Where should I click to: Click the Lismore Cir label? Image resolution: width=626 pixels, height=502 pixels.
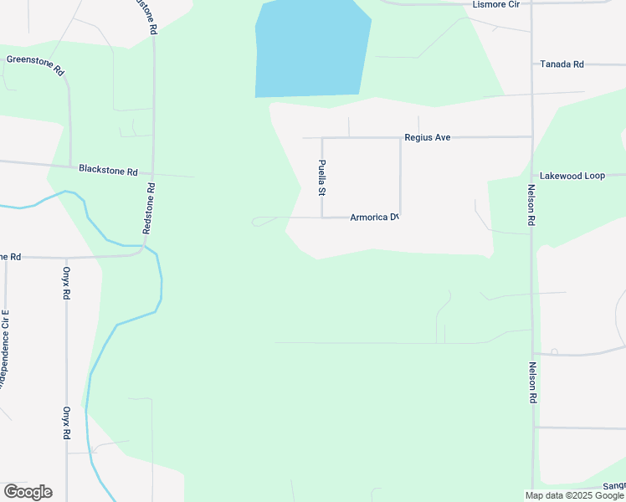tap(497, 5)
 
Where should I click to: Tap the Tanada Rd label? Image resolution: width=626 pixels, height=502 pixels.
tap(561, 64)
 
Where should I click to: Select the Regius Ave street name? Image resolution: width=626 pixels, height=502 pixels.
tap(427, 136)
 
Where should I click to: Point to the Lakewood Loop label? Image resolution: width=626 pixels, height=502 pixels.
tap(572, 177)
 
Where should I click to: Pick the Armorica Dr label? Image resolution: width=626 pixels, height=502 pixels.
tap(372, 218)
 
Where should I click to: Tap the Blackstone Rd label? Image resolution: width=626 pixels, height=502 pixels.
tap(108, 170)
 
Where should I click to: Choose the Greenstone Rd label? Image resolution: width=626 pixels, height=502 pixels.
tap(35, 65)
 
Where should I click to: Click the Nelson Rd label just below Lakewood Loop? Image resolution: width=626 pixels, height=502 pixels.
tap(531, 206)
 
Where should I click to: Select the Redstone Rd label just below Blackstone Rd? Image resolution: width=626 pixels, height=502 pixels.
tap(149, 208)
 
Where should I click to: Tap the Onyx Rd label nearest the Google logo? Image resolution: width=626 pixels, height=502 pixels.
tap(66, 423)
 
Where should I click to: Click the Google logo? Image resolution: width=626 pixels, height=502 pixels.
tap(28, 492)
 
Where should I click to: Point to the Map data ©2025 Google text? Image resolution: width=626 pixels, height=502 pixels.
tap(574, 495)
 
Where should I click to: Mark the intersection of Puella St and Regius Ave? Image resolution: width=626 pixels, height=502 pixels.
tap(322, 138)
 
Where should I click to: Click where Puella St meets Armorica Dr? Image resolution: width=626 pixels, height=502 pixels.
tap(322, 218)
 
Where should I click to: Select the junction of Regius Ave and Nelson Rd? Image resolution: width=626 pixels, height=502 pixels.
tap(531, 136)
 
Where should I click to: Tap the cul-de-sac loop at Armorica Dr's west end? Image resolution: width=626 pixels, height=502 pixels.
tap(263, 222)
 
